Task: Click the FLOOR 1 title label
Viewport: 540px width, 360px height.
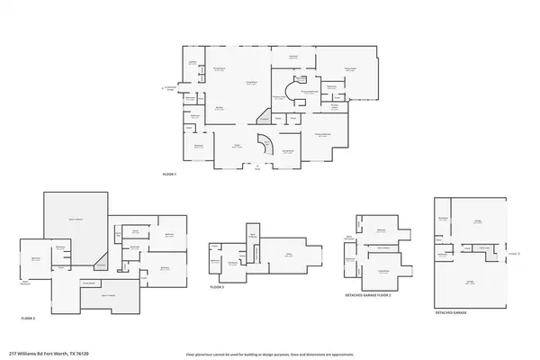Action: pyautogui.click(x=168, y=174)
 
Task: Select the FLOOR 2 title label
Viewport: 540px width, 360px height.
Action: pyautogui.click(x=28, y=319)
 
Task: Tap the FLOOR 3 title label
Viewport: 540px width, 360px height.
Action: pyautogui.click(x=216, y=286)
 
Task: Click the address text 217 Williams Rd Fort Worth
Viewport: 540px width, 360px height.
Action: pyautogui.click(x=45, y=354)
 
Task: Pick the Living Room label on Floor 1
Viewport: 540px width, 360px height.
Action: pyautogui.click(x=253, y=82)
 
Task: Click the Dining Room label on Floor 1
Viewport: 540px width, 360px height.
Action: pyautogui.click(x=218, y=69)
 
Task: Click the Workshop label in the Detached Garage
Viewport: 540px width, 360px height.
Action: pyautogui.click(x=443, y=218)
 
